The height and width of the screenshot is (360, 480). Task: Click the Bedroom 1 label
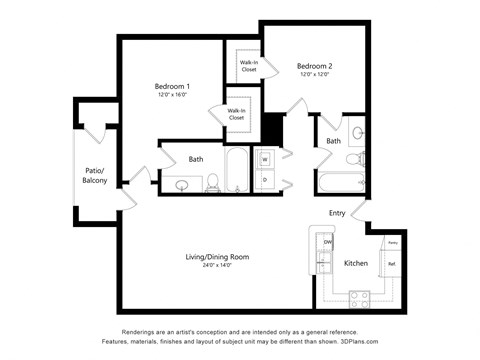coord(172,86)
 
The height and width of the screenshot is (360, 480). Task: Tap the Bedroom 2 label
coord(313,65)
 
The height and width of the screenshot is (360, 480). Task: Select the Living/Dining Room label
coord(217,257)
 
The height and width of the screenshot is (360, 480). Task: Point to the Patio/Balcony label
coord(95,176)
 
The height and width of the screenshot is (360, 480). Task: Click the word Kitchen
coord(356,263)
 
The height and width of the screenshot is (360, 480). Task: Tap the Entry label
coord(337,213)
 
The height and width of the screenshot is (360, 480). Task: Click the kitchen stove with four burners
coord(358,297)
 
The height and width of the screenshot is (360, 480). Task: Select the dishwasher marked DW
coord(327,243)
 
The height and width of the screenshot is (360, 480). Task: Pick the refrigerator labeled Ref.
coord(391,264)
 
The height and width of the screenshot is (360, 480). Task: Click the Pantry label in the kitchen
coord(392,243)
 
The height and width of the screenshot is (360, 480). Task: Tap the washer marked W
coord(265,159)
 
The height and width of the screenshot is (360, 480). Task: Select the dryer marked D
coord(265,180)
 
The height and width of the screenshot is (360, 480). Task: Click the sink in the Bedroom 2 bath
coord(358,133)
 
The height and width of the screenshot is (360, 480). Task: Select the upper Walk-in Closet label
coord(247,66)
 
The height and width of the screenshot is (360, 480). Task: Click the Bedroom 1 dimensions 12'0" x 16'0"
coord(172,96)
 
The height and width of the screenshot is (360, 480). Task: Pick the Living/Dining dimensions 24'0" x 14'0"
coord(217,267)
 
